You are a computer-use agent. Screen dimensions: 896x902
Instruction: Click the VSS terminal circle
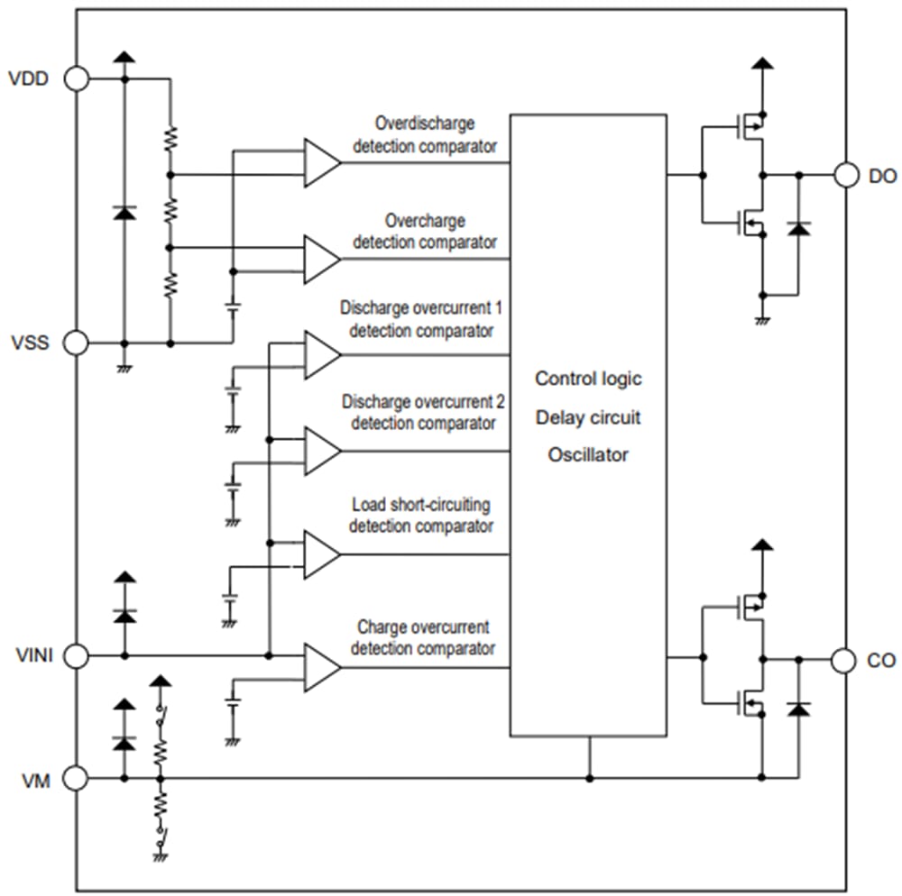[77, 343]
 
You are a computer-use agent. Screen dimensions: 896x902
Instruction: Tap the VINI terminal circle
[77, 656]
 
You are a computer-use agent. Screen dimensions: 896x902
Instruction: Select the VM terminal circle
[77, 778]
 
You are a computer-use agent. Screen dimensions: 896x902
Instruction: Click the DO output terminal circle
[845, 175]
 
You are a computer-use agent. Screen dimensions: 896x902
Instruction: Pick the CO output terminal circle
[845, 660]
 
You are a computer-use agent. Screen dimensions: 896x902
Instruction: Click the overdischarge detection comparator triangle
[320, 163]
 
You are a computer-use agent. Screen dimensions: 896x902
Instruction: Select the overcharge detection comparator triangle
[320, 260]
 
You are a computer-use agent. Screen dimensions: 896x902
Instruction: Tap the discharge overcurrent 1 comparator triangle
[320, 354]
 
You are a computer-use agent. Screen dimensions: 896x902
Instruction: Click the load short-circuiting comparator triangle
[320, 553]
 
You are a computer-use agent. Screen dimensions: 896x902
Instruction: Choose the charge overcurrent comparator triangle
[320, 668]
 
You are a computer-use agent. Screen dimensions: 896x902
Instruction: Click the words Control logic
[588, 378]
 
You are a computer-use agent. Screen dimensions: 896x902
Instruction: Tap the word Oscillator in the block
[588, 455]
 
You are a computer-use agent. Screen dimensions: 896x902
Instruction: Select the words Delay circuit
[588, 417]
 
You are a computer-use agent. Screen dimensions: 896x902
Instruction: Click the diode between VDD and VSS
[124, 212]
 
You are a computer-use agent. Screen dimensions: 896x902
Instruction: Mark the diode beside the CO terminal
[797, 709]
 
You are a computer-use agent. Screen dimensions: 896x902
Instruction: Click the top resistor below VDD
[170, 138]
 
